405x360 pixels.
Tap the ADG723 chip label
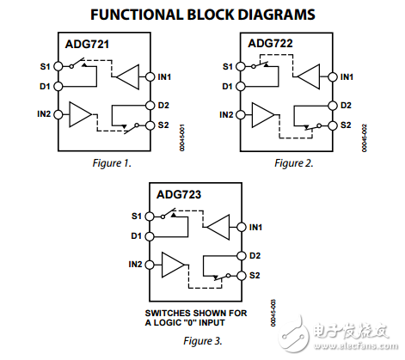(x=181, y=196)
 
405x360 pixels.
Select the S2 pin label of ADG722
(x=346, y=125)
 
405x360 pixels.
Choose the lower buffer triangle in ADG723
(x=173, y=264)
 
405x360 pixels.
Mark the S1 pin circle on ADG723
(x=149, y=216)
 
